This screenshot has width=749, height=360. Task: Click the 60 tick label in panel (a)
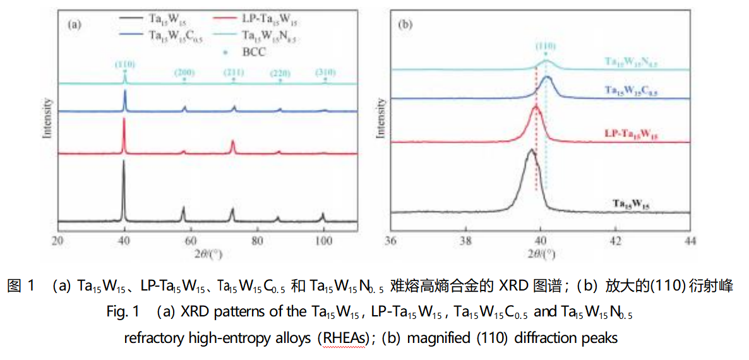pos(191,241)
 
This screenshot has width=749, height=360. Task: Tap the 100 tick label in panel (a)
pos(324,241)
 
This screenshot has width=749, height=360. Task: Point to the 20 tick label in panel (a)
pos(58,241)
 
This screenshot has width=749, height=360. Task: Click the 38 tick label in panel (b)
pos(465,241)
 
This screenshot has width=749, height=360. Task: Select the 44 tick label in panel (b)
pos(690,241)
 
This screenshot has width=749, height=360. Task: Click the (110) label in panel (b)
pos(545,45)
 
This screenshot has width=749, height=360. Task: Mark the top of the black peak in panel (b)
pos(531,150)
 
